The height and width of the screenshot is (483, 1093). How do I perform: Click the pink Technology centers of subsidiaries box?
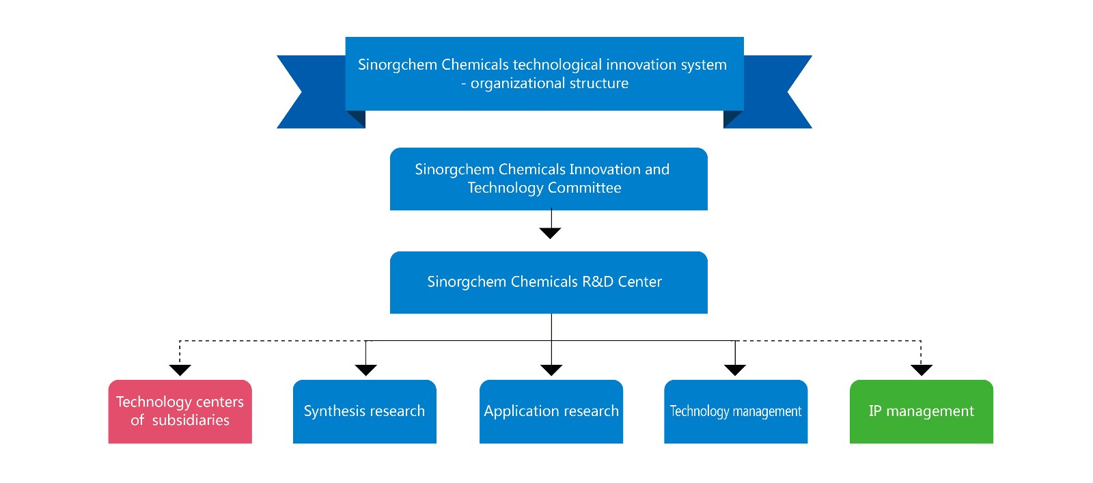pos(180,411)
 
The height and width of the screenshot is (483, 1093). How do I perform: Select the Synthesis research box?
pos(364,411)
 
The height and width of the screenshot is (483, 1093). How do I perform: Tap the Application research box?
pos(551,411)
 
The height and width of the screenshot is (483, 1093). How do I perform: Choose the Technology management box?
pos(735,411)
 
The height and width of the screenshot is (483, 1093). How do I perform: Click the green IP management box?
pos(921,411)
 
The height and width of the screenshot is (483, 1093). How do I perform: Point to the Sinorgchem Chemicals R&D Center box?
pos(549,282)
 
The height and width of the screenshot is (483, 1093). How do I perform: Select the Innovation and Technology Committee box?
pos(549,178)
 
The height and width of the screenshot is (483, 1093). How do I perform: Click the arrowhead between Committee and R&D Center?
pos(550,233)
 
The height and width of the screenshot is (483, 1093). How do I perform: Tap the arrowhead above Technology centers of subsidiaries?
pos(180,370)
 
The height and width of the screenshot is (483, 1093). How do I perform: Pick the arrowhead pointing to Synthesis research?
pos(365,370)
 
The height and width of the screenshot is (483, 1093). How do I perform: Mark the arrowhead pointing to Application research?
pos(551,370)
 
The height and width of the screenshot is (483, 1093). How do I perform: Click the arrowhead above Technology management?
pos(735,370)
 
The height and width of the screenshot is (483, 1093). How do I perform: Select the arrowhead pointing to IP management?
pos(921,370)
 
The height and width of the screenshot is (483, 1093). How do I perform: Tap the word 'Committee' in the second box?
pos(584,188)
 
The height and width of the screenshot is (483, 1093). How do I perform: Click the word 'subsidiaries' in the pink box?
pos(191,420)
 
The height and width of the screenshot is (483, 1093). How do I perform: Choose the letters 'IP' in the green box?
pos(875,411)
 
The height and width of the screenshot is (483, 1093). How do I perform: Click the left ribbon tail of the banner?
pos(311,92)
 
